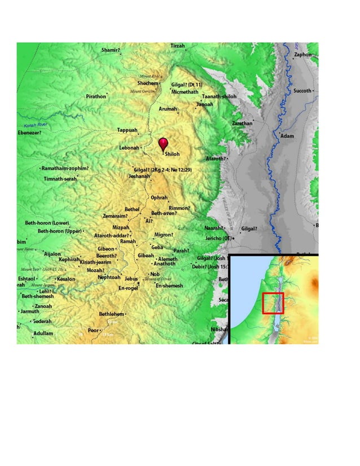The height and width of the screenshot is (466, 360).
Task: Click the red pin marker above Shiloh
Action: pyautogui.click(x=164, y=143)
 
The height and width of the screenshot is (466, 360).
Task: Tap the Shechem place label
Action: pyautogui.click(x=148, y=83)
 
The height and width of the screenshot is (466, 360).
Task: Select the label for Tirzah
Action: pyautogui.click(x=177, y=46)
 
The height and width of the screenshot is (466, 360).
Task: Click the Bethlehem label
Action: pyautogui.click(x=111, y=314)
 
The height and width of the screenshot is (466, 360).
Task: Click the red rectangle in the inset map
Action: pyautogui.click(x=273, y=303)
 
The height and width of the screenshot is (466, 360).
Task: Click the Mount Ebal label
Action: pyautogui.click(x=150, y=76)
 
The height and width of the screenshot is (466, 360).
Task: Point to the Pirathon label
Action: pyautogui.click(x=95, y=96)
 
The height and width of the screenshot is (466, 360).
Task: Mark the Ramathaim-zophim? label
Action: pyautogui.click(x=65, y=168)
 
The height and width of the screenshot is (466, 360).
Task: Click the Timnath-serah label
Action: pyautogui.click(x=60, y=179)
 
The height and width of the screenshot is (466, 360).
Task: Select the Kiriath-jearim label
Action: pyautogui.click(x=95, y=262)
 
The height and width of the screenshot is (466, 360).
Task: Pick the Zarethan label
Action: pyautogui.click(x=242, y=123)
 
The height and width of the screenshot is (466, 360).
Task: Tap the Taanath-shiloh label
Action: pyautogui.click(x=219, y=96)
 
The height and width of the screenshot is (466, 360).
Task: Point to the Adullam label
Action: pyautogui.click(x=43, y=333)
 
